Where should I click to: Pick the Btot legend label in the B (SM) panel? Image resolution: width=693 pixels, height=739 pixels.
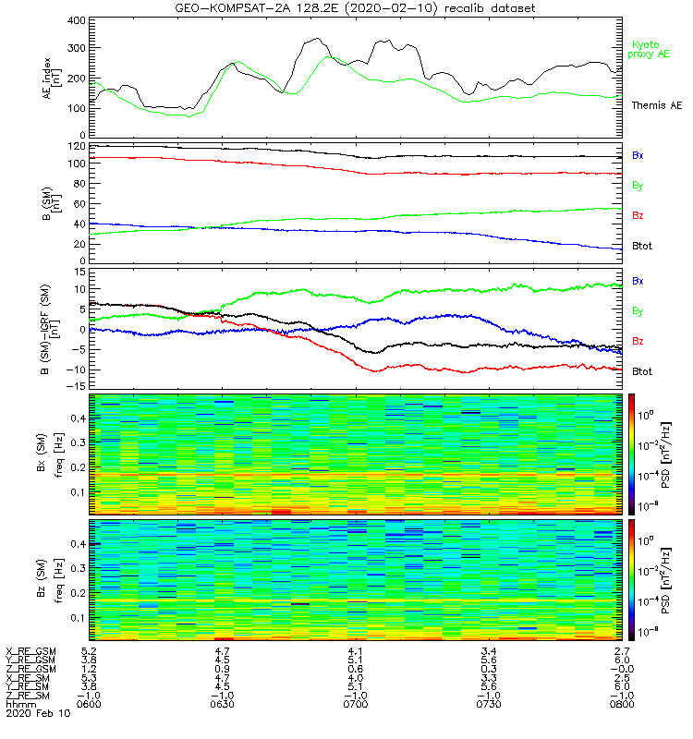pyautogui.click(x=640, y=248)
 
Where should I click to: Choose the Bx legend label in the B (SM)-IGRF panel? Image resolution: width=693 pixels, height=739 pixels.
pyautogui.click(x=638, y=280)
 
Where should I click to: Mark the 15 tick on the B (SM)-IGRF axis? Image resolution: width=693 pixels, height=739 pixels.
pyautogui.click(x=79, y=273)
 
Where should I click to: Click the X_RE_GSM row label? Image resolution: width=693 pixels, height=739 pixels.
pyautogui.click(x=30, y=652)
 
